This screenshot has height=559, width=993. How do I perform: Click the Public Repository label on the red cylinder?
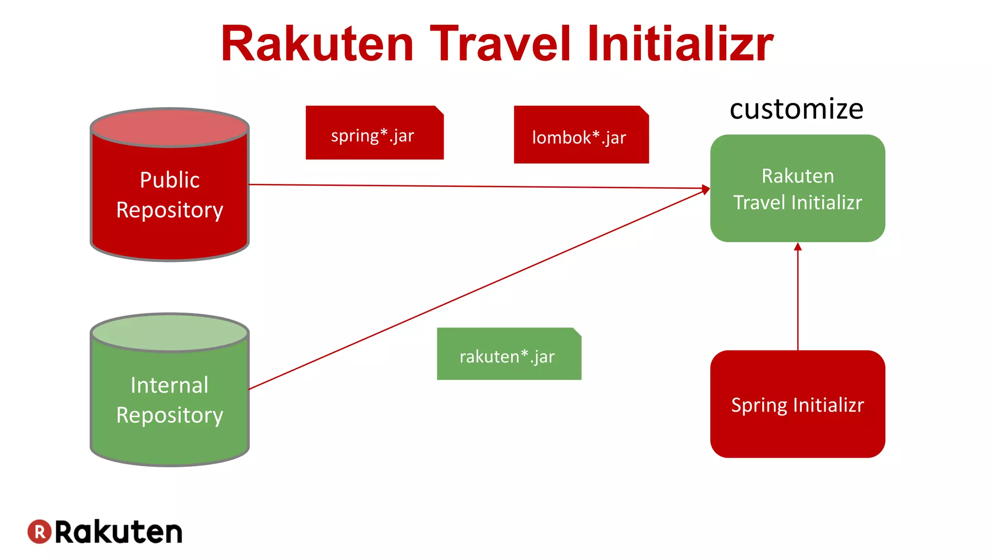pyautogui.click(x=170, y=195)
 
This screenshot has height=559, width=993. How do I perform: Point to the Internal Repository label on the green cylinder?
pyautogui.click(x=170, y=400)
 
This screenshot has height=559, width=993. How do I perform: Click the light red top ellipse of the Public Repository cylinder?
pyautogui.click(x=170, y=127)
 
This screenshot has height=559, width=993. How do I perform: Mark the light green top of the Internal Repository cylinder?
pyautogui.click(x=170, y=332)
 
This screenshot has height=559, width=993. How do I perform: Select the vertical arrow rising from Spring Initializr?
pyautogui.click(x=798, y=301)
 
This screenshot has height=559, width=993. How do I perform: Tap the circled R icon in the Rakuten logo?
pyautogui.click(x=39, y=532)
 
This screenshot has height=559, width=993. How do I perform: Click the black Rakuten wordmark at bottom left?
pyautogui.click(x=119, y=532)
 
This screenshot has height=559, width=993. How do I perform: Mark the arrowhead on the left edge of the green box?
pyautogui.click(x=706, y=189)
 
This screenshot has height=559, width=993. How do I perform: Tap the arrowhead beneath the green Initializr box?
pyautogui.click(x=798, y=247)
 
